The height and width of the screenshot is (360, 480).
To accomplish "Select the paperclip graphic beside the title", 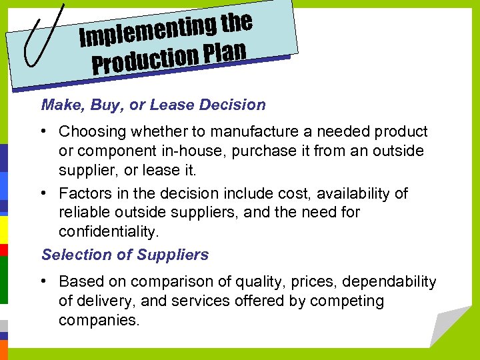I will (x=45, y=35).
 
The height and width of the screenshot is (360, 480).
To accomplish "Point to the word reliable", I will (x=83, y=212).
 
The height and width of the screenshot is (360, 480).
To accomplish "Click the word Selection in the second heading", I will (x=70, y=255).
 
